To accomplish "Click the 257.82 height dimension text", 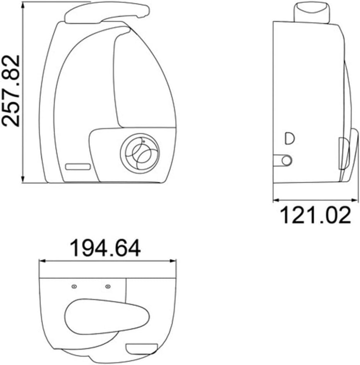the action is point(11,91).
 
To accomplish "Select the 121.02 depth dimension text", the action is point(315,215).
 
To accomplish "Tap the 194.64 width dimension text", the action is point(105,248).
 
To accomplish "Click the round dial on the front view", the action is point(140,154).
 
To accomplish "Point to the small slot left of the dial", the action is point(78,167).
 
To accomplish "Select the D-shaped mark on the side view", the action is point(290,138).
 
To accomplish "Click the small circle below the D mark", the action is point(286,160).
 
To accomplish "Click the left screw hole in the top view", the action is point(74,287).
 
